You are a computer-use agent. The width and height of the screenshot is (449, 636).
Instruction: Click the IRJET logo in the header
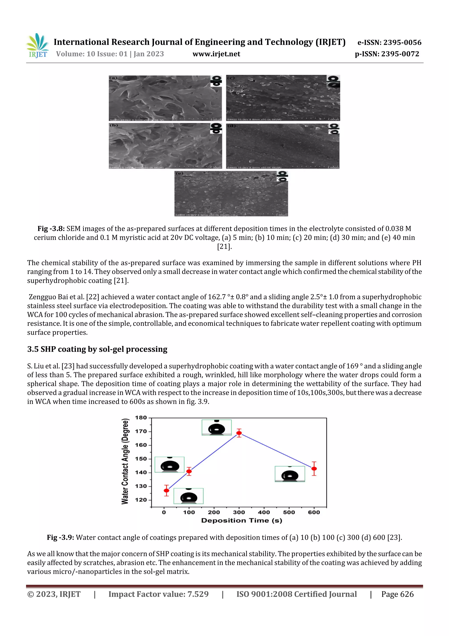point(37,46)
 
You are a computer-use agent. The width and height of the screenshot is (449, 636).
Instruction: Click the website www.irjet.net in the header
point(216,54)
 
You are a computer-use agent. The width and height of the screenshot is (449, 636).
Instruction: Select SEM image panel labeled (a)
point(165,98)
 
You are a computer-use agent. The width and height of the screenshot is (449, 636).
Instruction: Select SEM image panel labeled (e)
point(231,193)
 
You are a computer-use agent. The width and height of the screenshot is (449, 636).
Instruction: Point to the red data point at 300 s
point(239,433)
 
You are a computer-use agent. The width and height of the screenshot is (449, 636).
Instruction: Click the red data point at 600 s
point(314,469)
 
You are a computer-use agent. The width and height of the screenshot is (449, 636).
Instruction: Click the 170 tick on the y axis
point(141,431)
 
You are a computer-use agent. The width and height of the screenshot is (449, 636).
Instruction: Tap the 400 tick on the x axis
point(264,512)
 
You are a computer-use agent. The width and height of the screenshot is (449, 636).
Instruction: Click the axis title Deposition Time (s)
point(242,521)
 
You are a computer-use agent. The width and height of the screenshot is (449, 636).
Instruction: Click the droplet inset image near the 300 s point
point(216,427)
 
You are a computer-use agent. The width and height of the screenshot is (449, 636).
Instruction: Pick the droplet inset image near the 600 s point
point(290,474)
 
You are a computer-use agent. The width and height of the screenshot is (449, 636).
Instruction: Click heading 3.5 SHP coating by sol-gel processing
point(97,349)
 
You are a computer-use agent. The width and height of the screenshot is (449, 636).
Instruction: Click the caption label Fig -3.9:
point(60,537)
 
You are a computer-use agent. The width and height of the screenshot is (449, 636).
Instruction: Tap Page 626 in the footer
point(397,594)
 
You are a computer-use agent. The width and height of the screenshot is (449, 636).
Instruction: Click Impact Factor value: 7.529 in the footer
point(158,594)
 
